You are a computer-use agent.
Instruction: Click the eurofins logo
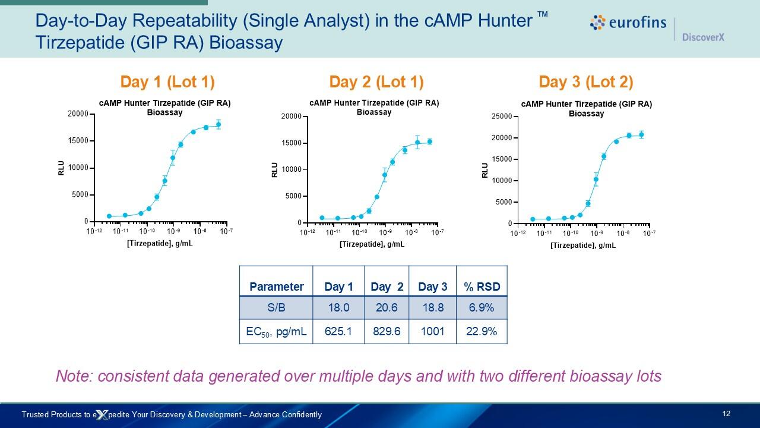[x=628, y=23]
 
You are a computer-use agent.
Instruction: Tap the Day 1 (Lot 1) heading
[x=167, y=81]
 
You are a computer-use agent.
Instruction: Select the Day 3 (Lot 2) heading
[x=585, y=81]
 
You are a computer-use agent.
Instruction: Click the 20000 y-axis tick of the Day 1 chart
[x=78, y=114]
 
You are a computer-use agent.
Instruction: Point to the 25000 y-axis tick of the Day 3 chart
[x=501, y=117]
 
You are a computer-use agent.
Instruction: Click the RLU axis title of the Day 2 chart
[x=274, y=170]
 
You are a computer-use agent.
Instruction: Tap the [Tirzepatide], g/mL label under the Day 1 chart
[x=160, y=244]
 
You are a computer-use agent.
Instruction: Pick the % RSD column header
[x=482, y=287]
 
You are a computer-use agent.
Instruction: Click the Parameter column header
[x=276, y=287]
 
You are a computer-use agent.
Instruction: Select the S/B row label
[x=276, y=308]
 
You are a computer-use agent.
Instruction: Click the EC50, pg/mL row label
[x=276, y=331]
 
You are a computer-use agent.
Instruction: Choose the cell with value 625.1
[x=338, y=331]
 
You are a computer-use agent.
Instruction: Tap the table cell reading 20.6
[x=387, y=308]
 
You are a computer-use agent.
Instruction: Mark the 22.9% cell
[x=482, y=331]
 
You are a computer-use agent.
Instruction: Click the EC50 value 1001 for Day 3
[x=432, y=331]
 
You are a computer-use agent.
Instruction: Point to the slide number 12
[x=726, y=414]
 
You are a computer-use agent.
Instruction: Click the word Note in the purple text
[x=74, y=376]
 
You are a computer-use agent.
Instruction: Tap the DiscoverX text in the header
[x=703, y=37]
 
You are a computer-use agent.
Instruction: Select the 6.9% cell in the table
[x=482, y=308]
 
